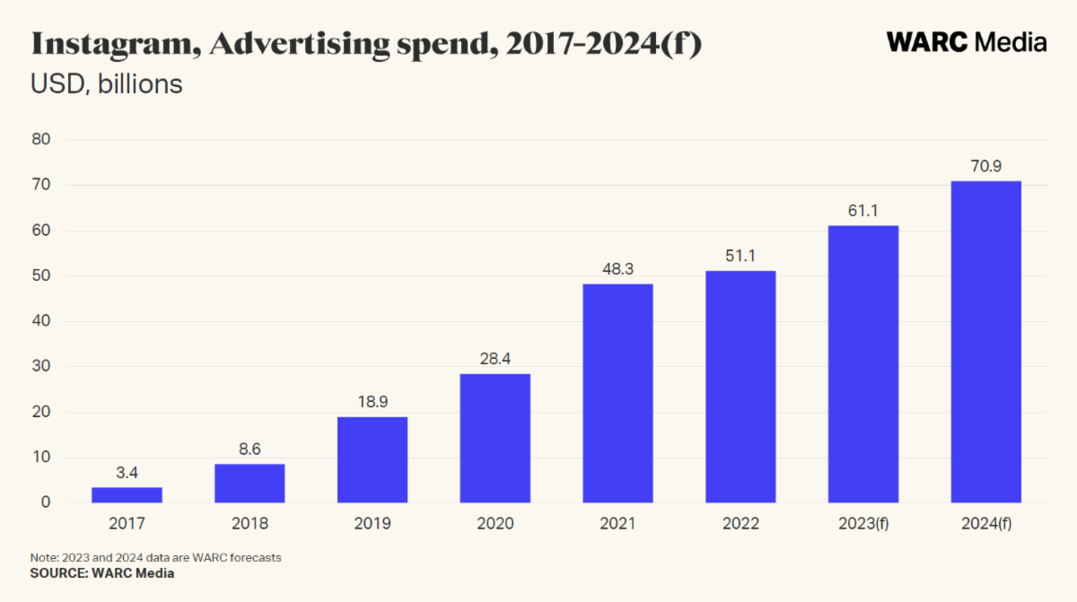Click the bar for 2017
pos(127,494)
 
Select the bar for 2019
pos(372,459)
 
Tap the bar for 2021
pos(617,393)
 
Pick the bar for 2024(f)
pos(985,342)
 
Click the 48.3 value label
pos(617,268)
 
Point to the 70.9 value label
pos(985,165)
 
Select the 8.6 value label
pos(250,449)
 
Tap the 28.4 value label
pos(495,359)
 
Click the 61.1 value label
pos(862,210)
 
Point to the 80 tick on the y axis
pos(41,140)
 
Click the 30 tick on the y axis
pos(41,367)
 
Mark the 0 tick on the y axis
pos(45,503)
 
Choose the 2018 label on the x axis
pos(250,523)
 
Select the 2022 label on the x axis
pos(740,523)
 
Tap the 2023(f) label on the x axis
pos(862,523)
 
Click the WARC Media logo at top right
pos(967,42)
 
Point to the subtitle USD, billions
pos(107,84)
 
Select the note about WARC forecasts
pos(156,557)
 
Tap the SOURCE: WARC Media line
pos(102,573)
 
